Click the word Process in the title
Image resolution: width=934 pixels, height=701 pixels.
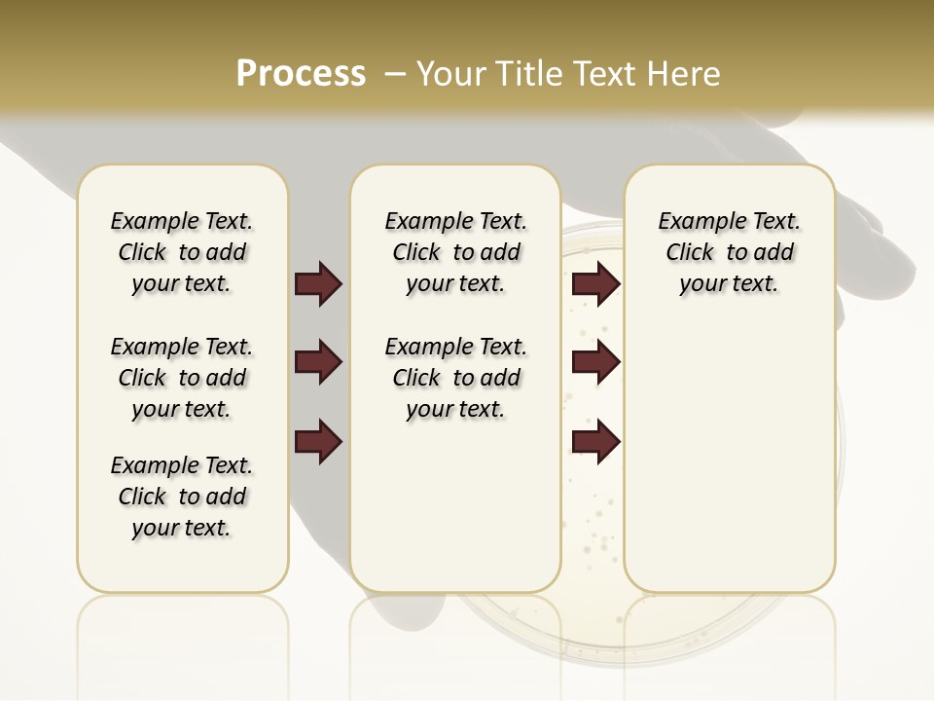coord(301,74)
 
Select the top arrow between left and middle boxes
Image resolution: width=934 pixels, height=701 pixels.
coord(318,284)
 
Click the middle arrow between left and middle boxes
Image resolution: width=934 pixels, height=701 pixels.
coord(318,363)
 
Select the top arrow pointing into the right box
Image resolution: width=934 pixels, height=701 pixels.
coord(595,284)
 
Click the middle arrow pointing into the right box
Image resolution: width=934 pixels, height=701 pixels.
coord(595,363)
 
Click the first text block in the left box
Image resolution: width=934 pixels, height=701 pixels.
coord(182,252)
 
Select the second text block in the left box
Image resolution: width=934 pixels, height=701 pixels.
coord(182,378)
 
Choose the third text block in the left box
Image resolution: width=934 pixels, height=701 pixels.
coord(182,497)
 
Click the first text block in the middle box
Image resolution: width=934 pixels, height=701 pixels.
coord(455,252)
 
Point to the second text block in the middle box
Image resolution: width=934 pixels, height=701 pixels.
coord(455,378)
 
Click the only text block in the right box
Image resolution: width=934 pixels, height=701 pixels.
coord(729,252)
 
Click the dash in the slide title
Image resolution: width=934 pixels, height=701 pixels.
coord(395,74)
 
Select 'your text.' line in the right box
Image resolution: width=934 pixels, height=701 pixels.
coord(729,283)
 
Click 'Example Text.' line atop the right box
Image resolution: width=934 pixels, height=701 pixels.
coord(729,221)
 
